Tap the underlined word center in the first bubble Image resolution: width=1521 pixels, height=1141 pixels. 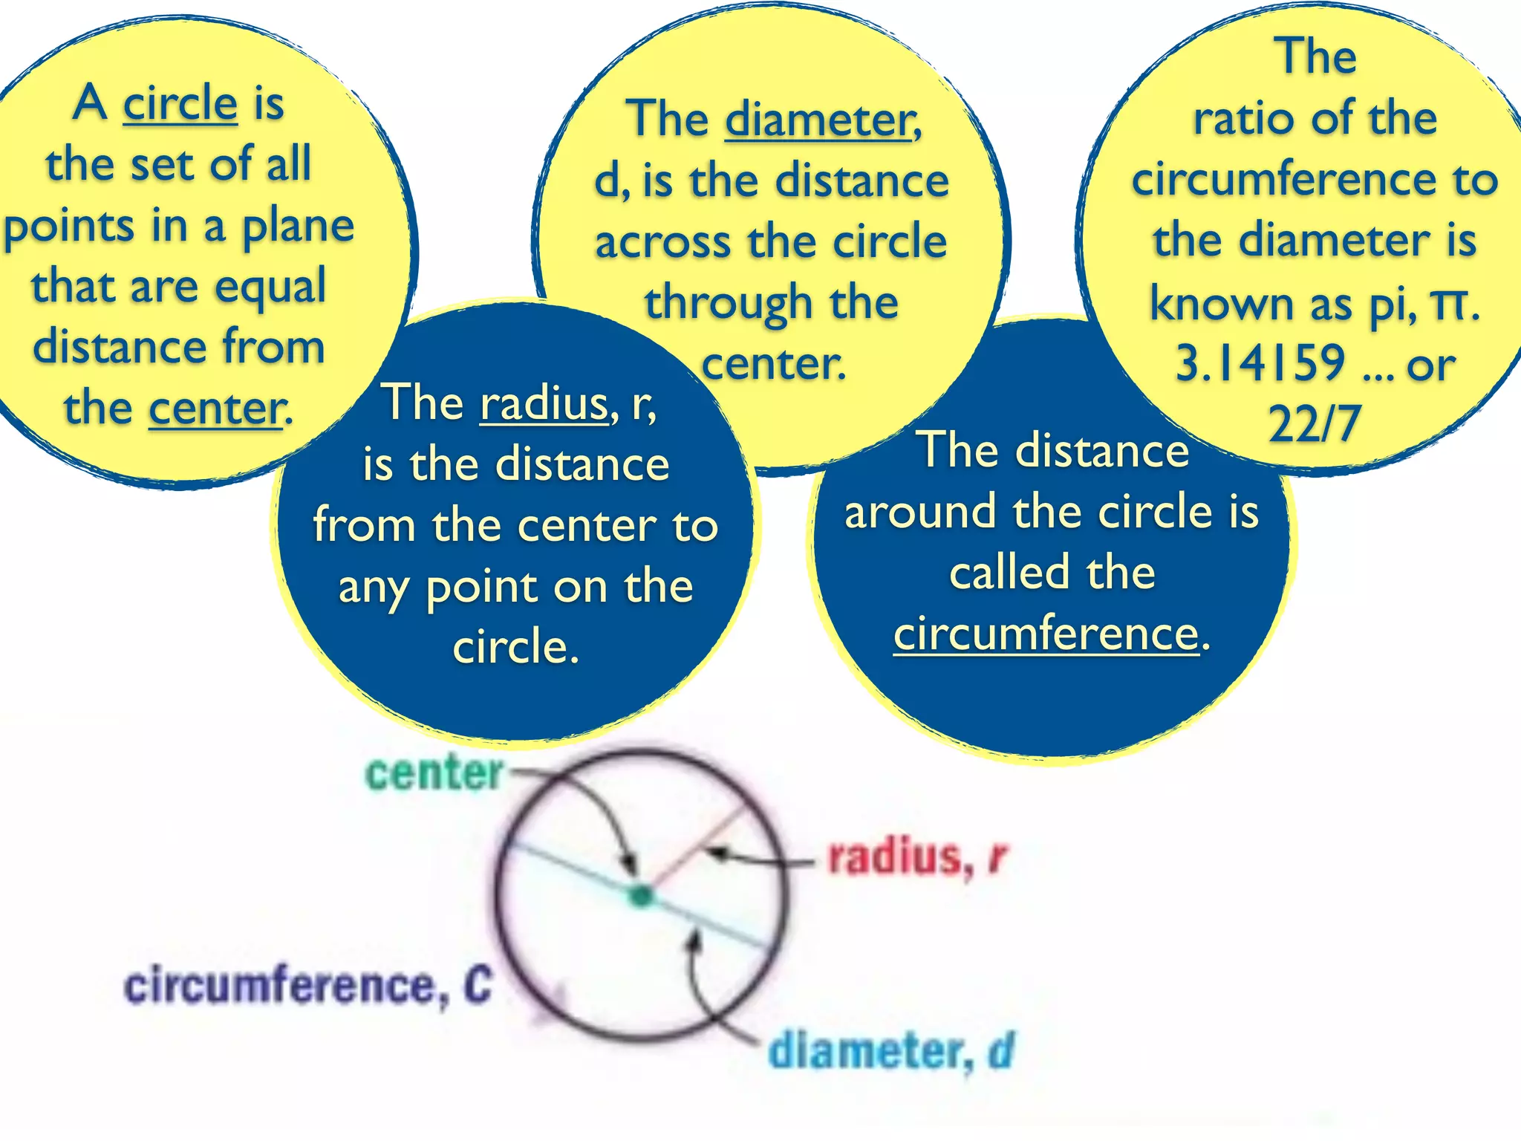tap(216, 408)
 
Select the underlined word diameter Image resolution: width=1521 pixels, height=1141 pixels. tap(821, 120)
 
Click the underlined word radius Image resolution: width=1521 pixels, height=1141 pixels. tap(544, 403)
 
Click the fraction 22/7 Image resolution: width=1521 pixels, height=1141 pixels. tap(1315, 424)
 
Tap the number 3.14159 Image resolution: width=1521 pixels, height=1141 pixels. tap(1260, 363)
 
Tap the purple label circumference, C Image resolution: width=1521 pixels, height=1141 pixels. tap(307, 986)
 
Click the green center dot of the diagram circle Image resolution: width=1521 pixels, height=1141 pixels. tap(640, 896)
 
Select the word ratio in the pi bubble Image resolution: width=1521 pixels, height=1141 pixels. tap(1236, 119)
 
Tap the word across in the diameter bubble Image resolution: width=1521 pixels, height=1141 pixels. tap(662, 242)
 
